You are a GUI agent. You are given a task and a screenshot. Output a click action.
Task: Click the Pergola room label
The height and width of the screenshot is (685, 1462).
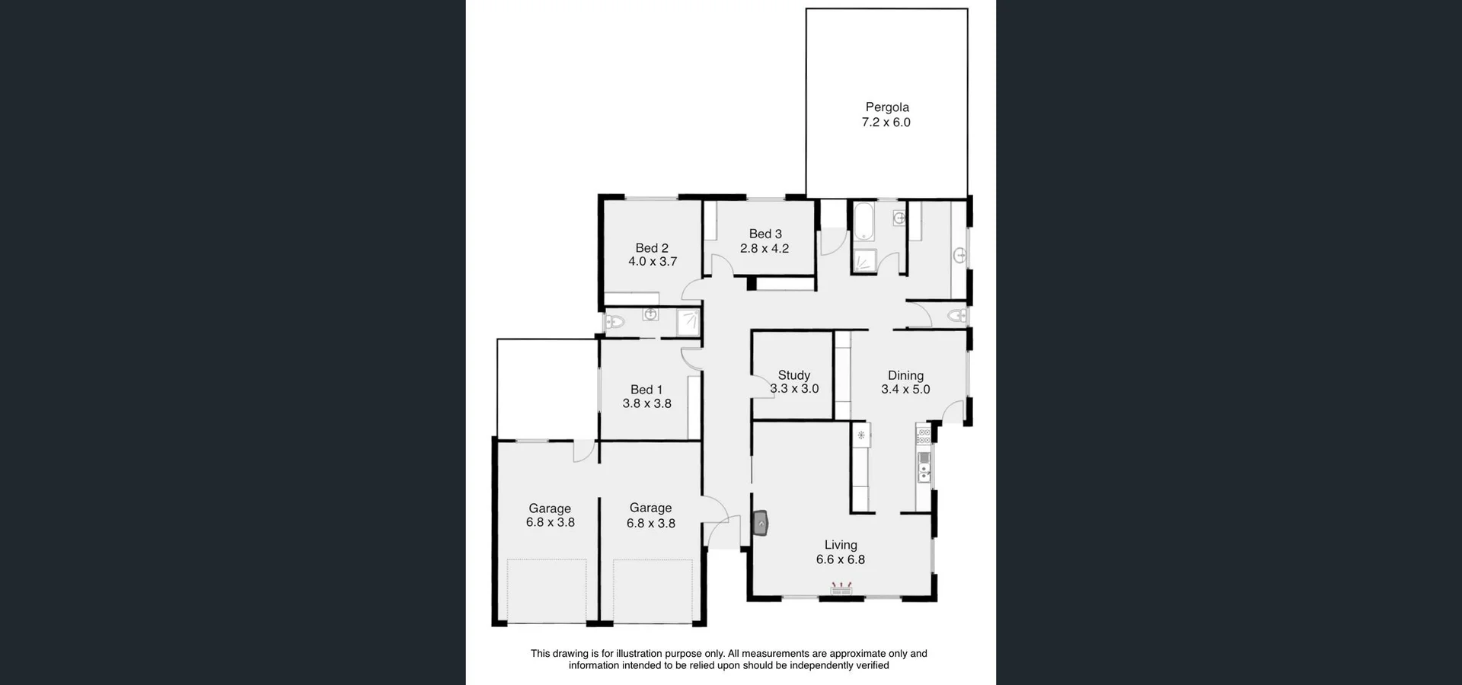(x=886, y=107)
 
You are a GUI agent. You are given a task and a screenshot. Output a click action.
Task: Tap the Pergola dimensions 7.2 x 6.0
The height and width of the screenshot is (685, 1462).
(x=886, y=123)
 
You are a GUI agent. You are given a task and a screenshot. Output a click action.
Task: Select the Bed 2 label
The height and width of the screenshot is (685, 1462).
(x=652, y=247)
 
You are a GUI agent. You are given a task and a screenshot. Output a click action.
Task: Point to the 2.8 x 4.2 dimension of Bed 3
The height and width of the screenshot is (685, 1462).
(x=765, y=248)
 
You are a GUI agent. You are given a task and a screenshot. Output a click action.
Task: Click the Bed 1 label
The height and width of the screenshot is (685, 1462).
(x=646, y=390)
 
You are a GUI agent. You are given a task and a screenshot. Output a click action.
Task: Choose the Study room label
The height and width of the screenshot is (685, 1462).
(x=793, y=375)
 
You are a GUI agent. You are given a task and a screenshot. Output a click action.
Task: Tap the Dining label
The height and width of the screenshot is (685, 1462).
(x=905, y=375)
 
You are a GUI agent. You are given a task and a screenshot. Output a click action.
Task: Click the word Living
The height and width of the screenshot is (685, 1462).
(x=841, y=545)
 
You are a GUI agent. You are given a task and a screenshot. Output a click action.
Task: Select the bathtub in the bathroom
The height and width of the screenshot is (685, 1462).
(x=864, y=221)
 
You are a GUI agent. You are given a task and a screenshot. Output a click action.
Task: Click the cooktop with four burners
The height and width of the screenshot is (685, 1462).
(x=924, y=436)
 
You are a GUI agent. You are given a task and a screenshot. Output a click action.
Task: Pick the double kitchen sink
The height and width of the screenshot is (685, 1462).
(x=924, y=467)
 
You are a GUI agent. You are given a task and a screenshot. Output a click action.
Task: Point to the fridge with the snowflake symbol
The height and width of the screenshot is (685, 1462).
(x=861, y=435)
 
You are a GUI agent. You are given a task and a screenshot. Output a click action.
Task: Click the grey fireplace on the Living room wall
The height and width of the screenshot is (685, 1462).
(x=761, y=524)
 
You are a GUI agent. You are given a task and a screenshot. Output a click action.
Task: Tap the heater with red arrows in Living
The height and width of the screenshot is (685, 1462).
(x=841, y=588)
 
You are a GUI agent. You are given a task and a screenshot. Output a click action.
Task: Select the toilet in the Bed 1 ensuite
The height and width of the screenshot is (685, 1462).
(x=614, y=322)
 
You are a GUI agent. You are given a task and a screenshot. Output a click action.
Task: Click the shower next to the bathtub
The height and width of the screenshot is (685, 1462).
(x=863, y=261)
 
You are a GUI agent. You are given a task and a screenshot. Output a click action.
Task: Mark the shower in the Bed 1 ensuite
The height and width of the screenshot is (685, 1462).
(x=689, y=322)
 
